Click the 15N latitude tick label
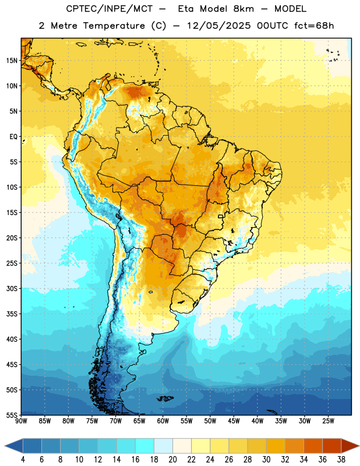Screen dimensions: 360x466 pos(12,61)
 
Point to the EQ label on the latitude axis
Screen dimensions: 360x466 pos(13,137)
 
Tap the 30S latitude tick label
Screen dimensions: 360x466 pos(12,288)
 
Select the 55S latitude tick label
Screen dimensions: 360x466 pos(12,415)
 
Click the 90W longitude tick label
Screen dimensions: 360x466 pos(21,421)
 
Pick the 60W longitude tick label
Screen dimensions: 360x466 pos(163,421)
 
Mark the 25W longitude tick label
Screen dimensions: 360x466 pos(328,421)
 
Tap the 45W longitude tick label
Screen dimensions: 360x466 pos(234,421)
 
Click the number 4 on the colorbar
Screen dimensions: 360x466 pos(23,460)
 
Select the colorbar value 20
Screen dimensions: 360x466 pos(172,460)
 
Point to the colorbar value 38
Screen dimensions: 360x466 pos(341,460)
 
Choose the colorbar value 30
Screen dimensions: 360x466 pos(266,460)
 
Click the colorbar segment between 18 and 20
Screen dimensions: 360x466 pos(164,446)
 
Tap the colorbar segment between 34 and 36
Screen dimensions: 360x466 pos(313,446)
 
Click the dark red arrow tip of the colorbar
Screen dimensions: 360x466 pos(359,446)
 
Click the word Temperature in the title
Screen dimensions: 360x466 pos(114,26)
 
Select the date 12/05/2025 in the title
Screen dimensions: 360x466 pos(219,26)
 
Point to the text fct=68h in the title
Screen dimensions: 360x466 pos(314,26)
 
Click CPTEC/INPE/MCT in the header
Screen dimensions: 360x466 pos(110,9)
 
